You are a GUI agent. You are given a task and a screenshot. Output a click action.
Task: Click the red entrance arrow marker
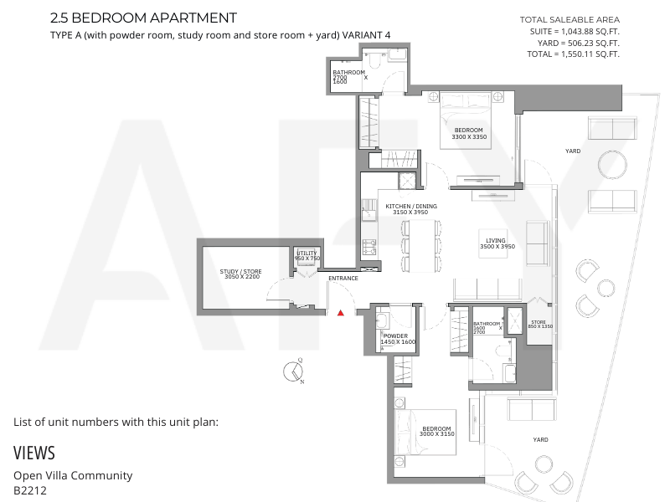pos(341,313)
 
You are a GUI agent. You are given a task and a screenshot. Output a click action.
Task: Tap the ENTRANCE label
pos(343,279)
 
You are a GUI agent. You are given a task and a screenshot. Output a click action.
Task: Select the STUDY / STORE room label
pos(240,271)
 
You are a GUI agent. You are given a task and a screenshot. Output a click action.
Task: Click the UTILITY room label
pos(307,254)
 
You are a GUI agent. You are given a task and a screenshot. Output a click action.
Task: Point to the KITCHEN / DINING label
pos(411,206)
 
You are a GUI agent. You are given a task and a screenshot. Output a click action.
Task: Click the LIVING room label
pos(496,240)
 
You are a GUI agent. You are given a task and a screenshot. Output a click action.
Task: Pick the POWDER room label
pos(395,336)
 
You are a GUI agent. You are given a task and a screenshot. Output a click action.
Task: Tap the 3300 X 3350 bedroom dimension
pos(469,137)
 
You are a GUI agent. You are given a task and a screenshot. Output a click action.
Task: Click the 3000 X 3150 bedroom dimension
pos(436,434)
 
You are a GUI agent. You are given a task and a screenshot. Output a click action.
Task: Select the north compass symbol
pos(294,371)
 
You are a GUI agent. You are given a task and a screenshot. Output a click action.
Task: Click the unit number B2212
pos(30,490)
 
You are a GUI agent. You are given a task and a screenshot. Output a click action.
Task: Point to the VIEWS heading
pos(34,453)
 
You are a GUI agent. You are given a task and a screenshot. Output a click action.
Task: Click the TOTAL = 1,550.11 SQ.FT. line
pos(573,54)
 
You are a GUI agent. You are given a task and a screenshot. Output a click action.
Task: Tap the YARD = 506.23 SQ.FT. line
pos(578,44)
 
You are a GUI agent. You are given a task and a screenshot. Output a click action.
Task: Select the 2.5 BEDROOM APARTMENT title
pos(143,18)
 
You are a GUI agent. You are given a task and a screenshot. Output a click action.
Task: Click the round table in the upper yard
pos(612,165)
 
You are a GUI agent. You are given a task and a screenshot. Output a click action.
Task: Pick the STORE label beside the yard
pos(539,322)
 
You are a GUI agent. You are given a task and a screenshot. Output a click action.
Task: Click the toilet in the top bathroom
pos(374,61)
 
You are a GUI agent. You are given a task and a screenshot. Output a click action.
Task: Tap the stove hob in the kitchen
pos(369,247)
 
